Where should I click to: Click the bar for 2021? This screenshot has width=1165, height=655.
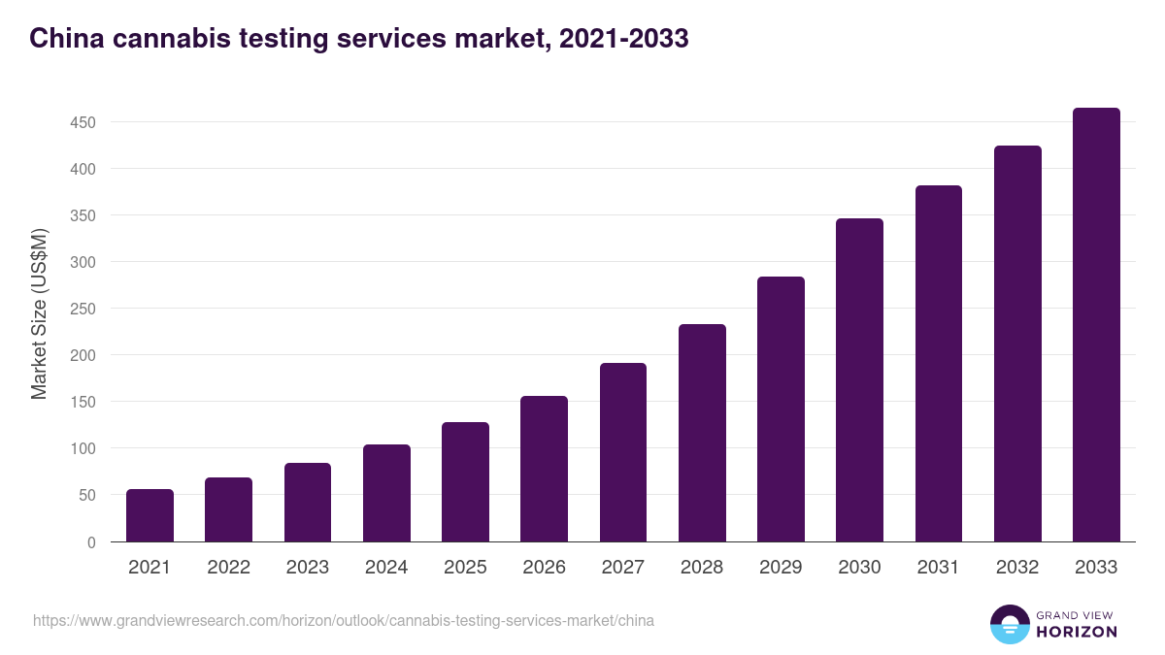[x=150, y=515]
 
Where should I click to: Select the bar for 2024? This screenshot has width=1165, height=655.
[x=386, y=493]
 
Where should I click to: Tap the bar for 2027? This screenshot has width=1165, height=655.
[x=623, y=452]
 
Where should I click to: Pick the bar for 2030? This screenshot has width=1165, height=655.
[x=859, y=380]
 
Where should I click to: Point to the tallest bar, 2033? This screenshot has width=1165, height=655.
[x=1096, y=325]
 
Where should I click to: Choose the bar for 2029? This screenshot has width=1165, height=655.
[x=781, y=409]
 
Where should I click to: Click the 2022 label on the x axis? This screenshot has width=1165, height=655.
[x=229, y=568]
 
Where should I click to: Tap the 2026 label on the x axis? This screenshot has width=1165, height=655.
[x=544, y=568]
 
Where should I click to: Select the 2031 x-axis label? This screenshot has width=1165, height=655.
[x=938, y=568]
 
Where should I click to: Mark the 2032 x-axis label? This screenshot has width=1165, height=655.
[x=1017, y=568]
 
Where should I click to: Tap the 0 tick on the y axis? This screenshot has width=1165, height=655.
[x=91, y=542]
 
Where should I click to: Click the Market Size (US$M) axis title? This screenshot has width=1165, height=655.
[x=39, y=314]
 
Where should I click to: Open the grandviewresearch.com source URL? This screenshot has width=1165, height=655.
[x=343, y=620]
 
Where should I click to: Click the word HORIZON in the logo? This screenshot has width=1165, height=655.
[x=1076, y=632]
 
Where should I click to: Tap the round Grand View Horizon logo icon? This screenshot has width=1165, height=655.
[x=1009, y=624]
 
